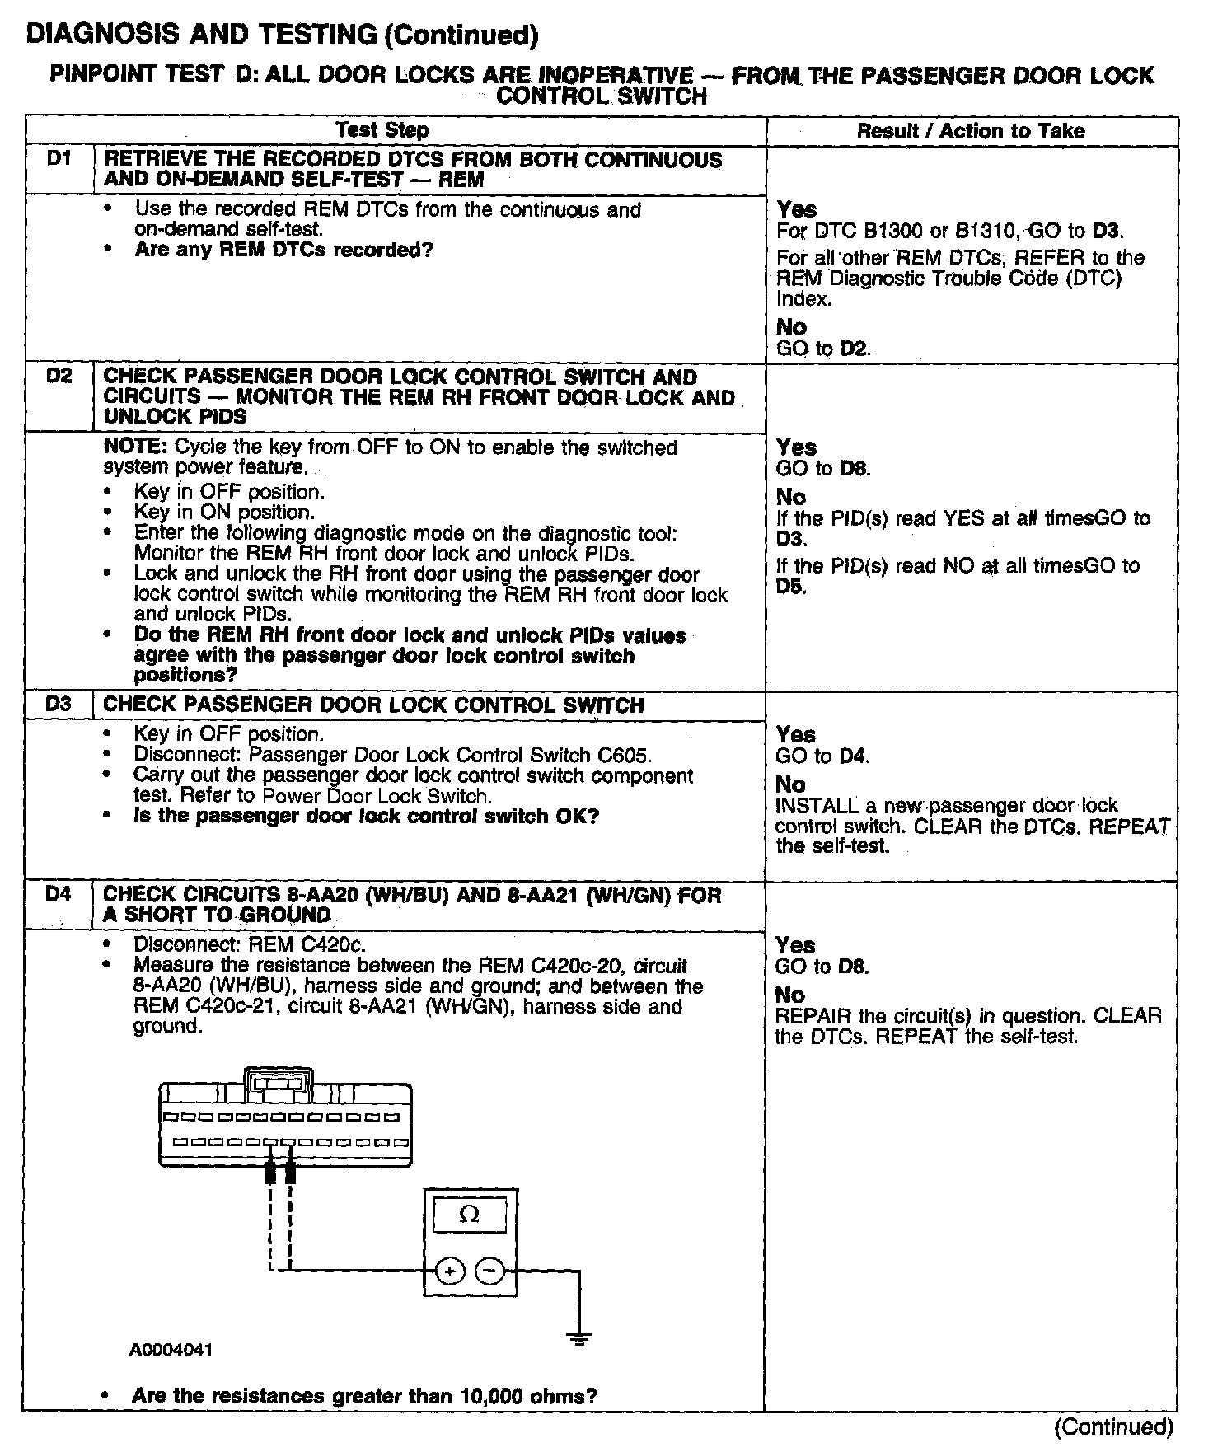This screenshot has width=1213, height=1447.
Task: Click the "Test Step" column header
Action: (x=382, y=130)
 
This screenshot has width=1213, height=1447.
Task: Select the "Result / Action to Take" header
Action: (x=971, y=131)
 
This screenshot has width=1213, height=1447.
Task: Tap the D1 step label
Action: (x=60, y=158)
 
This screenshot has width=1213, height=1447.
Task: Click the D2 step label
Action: (x=60, y=376)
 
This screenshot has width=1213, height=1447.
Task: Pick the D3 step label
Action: (x=60, y=705)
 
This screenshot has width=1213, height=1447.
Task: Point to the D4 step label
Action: (x=60, y=893)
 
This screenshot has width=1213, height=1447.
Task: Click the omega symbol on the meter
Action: (x=469, y=1215)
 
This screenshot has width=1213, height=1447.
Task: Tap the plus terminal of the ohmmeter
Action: (x=449, y=1271)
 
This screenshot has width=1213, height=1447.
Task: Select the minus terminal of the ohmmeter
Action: (x=490, y=1271)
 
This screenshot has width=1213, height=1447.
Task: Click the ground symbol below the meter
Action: (x=580, y=1339)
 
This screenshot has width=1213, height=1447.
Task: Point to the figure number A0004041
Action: (x=171, y=1351)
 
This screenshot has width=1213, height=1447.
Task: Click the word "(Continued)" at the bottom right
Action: (x=1113, y=1426)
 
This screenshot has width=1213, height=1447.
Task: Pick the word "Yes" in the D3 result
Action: (x=796, y=734)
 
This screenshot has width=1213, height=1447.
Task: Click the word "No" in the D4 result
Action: (x=789, y=995)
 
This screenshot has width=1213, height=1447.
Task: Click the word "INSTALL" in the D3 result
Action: (x=813, y=806)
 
